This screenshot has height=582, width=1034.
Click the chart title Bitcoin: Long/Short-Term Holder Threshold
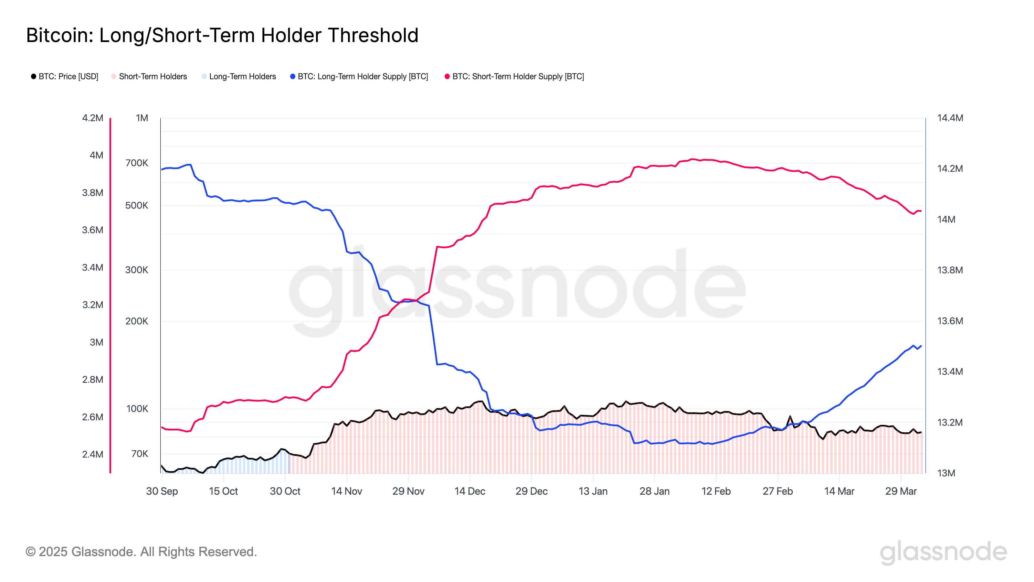(222, 35)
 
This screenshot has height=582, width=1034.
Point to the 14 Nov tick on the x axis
(346, 491)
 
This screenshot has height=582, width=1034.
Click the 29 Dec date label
(532, 491)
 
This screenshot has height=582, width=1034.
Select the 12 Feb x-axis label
(716, 491)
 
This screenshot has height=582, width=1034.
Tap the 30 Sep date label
(162, 491)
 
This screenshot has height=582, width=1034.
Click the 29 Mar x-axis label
(901, 491)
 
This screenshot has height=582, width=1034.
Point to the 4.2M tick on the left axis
(92, 118)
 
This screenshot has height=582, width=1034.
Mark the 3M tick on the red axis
(96, 342)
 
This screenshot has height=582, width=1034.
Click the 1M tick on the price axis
(142, 118)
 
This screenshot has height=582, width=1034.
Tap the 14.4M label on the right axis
(950, 118)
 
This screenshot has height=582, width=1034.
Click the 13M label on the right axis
(946, 473)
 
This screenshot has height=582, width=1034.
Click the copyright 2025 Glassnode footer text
(141, 552)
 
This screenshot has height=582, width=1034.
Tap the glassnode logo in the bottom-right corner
(943, 553)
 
